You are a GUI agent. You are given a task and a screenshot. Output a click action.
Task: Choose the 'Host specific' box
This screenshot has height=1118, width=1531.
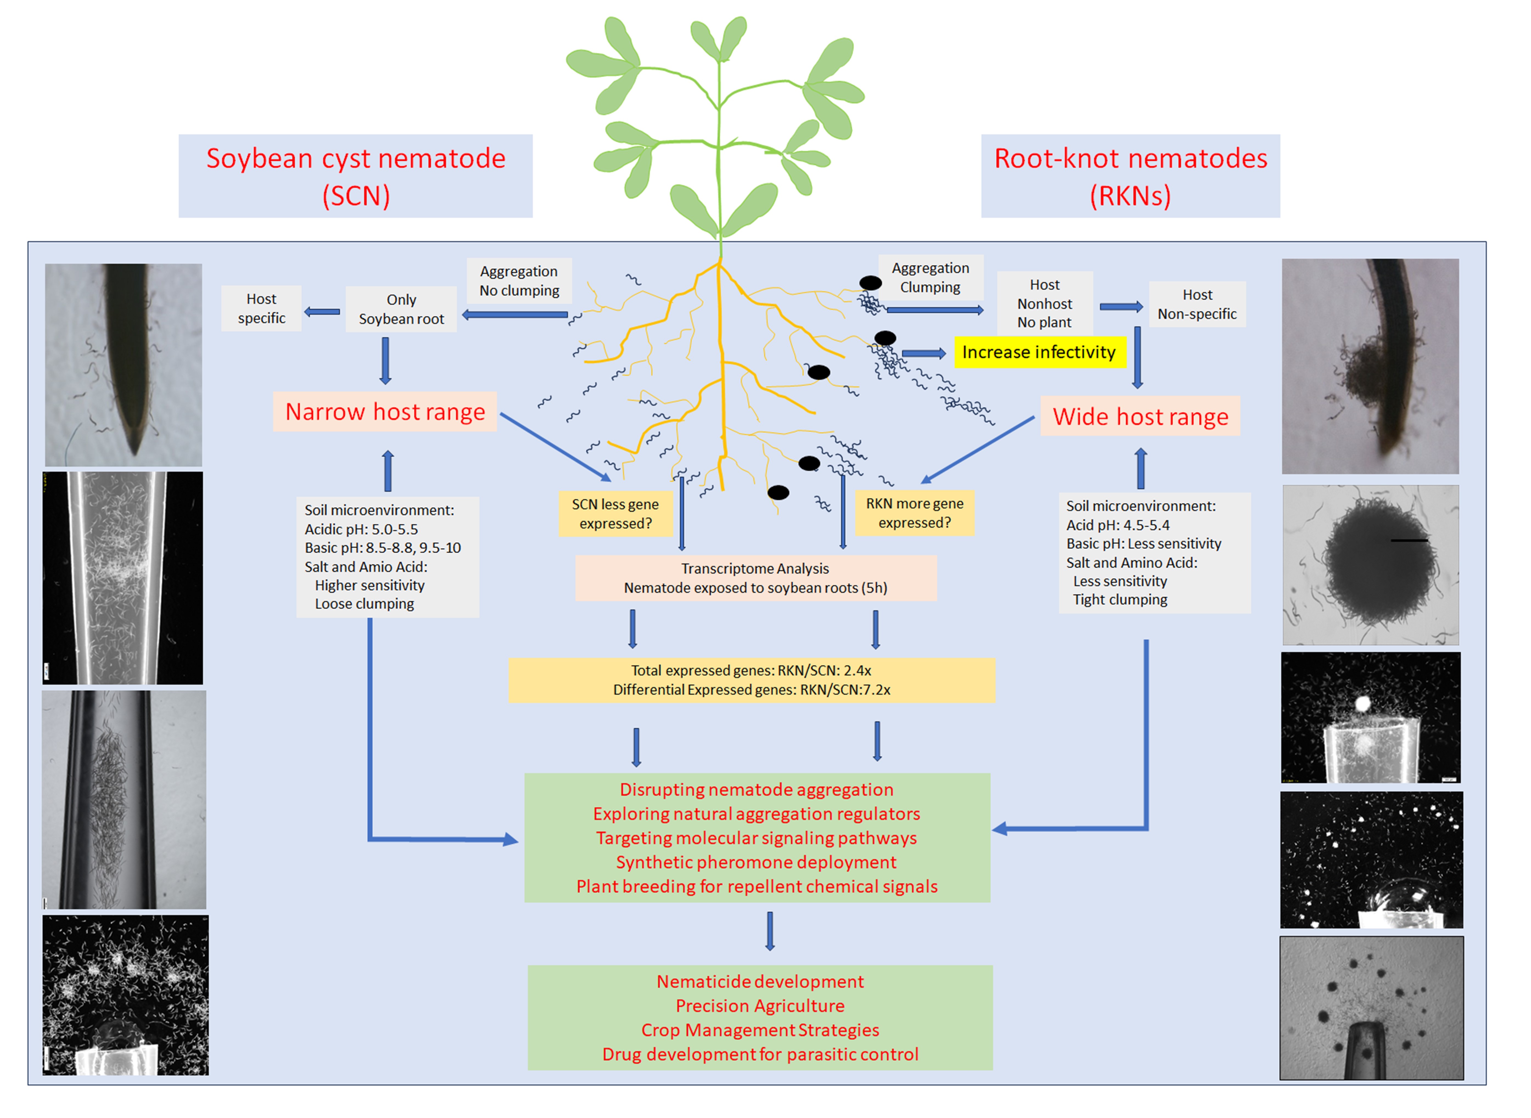point(261,309)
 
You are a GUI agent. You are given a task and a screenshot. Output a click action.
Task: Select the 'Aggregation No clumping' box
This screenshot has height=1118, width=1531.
point(519,281)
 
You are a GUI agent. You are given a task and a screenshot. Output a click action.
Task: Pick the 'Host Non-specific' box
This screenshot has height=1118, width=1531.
point(1197,305)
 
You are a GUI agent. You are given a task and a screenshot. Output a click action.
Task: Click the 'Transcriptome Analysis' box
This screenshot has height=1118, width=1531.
point(755,578)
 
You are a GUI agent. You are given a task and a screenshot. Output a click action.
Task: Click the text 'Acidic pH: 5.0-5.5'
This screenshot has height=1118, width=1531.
point(361,529)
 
